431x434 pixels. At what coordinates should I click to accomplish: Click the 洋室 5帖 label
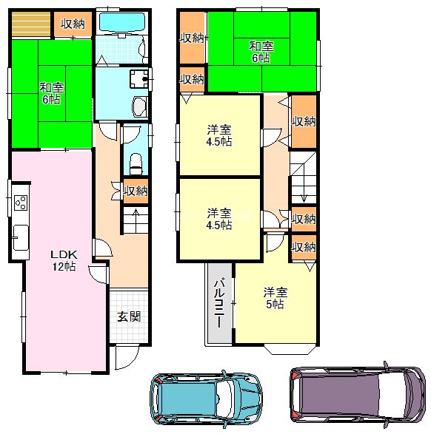click(275, 297)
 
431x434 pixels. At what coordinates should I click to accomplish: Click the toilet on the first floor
click(134, 161)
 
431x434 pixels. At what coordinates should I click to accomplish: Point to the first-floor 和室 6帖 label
click(51, 93)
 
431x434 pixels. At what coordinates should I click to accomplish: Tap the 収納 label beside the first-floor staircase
click(136, 191)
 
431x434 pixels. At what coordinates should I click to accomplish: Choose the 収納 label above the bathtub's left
click(73, 24)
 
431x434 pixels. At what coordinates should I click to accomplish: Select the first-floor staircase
click(134, 220)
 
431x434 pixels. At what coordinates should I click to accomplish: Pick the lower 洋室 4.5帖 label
click(219, 219)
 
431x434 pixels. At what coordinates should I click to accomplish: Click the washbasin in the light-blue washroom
click(139, 78)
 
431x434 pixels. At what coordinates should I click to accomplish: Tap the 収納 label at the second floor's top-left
click(193, 38)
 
